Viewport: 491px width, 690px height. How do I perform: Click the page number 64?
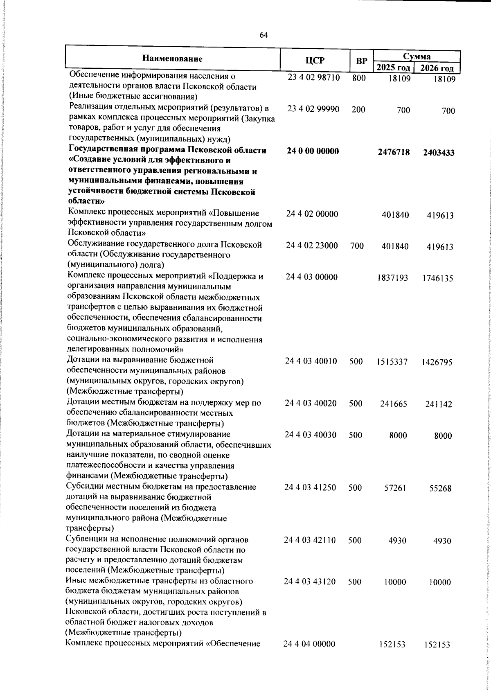click(x=264, y=35)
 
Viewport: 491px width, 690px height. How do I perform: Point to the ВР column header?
click(x=361, y=61)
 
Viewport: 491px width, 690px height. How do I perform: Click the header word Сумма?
click(x=417, y=56)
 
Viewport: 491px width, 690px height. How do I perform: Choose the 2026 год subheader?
click(x=437, y=68)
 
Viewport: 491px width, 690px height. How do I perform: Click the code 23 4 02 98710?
click(x=313, y=78)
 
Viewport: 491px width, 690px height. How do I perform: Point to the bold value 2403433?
click(x=439, y=153)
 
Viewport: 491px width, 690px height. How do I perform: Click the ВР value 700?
click(x=357, y=246)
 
